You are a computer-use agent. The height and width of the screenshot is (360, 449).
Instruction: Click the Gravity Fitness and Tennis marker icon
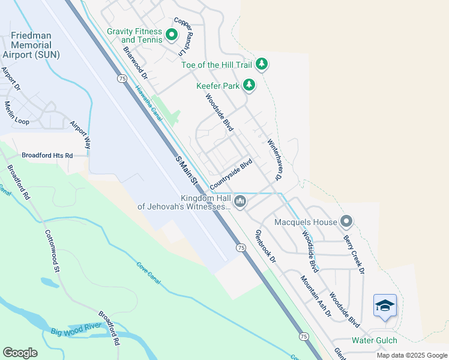click(x=171, y=35)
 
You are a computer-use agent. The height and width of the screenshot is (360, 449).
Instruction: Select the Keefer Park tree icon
click(x=249, y=86)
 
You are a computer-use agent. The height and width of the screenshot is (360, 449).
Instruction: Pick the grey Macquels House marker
click(x=346, y=222)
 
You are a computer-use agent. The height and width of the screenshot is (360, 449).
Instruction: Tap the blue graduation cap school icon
click(x=384, y=306)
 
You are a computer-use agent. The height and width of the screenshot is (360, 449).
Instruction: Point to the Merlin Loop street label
click(x=17, y=113)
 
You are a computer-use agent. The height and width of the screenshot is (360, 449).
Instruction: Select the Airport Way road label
click(x=80, y=135)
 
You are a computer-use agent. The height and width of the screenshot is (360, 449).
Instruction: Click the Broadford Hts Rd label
click(x=47, y=155)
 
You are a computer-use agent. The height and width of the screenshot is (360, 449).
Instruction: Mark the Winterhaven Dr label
click(x=274, y=160)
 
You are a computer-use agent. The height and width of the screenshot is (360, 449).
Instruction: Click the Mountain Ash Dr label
click(x=316, y=296)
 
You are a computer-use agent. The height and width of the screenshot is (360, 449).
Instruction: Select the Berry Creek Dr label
click(x=354, y=254)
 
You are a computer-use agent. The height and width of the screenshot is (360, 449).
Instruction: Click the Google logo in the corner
click(x=20, y=352)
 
